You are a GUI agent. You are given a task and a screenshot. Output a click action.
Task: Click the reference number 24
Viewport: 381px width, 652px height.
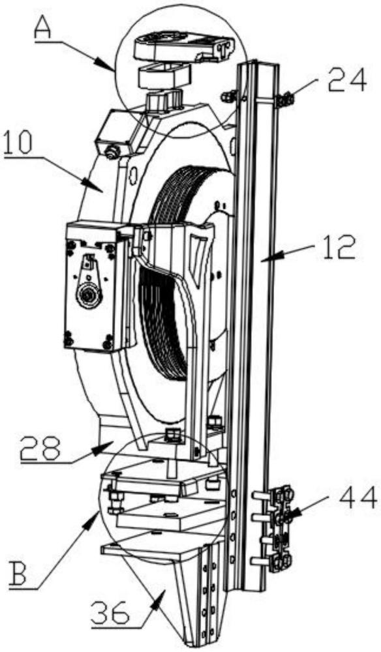pyautogui.click(x=347, y=82)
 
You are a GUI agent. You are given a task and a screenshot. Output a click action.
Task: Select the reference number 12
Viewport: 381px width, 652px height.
pyautogui.click(x=338, y=247)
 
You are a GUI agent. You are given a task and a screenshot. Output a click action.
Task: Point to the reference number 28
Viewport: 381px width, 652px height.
pyautogui.click(x=40, y=449)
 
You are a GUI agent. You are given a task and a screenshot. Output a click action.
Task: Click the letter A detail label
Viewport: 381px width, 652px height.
pyautogui.click(x=42, y=27)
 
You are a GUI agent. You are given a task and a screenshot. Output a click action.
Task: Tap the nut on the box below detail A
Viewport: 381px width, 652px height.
pyautogui.click(x=112, y=153)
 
